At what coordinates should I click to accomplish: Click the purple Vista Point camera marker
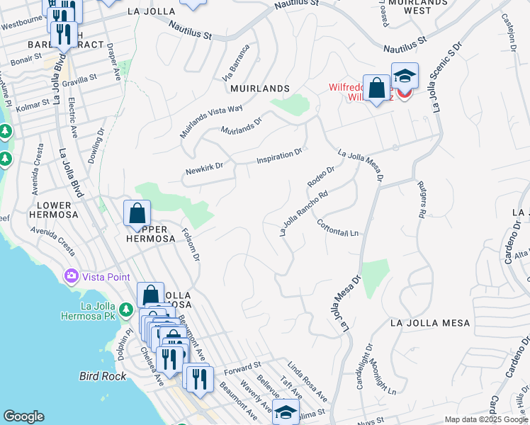[x=71, y=276]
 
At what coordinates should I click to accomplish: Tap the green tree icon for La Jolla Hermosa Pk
[x=125, y=309]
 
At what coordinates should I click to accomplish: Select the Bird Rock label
[x=103, y=376]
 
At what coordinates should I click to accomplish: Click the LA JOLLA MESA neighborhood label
[x=430, y=323]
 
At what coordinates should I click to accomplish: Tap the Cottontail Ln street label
[x=338, y=227]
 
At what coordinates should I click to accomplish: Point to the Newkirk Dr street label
[x=204, y=169]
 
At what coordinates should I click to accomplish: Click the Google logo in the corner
[x=23, y=416]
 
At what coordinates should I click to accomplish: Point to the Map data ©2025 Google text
[x=486, y=419]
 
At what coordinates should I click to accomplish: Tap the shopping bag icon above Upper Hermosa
[x=137, y=213]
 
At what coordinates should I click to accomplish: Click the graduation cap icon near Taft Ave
[x=286, y=411]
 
